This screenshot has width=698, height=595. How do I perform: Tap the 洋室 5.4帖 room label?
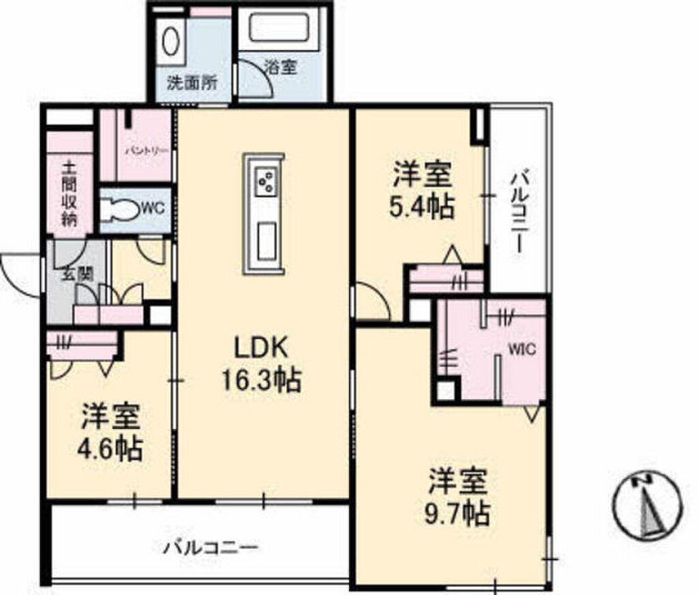click(421, 190)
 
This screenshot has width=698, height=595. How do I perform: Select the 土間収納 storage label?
click(69, 192)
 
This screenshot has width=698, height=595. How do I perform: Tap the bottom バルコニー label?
click(211, 547)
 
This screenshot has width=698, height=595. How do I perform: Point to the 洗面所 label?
click(192, 83)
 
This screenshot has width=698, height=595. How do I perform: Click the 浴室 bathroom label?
click(280, 68)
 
